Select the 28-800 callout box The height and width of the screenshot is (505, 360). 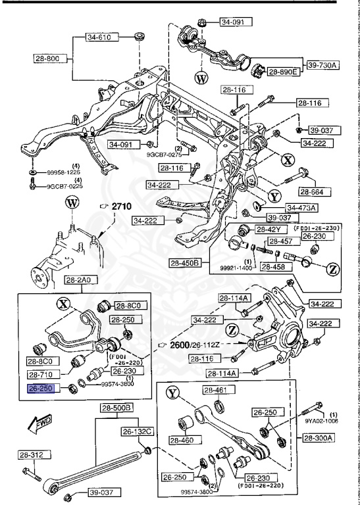(47, 59)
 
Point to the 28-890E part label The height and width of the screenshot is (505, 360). (282, 71)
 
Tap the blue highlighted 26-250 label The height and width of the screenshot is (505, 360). (39, 389)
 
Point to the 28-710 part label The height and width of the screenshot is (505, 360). (40, 373)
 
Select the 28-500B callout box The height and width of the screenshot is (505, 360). (116, 408)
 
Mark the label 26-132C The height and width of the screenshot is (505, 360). (136, 431)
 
